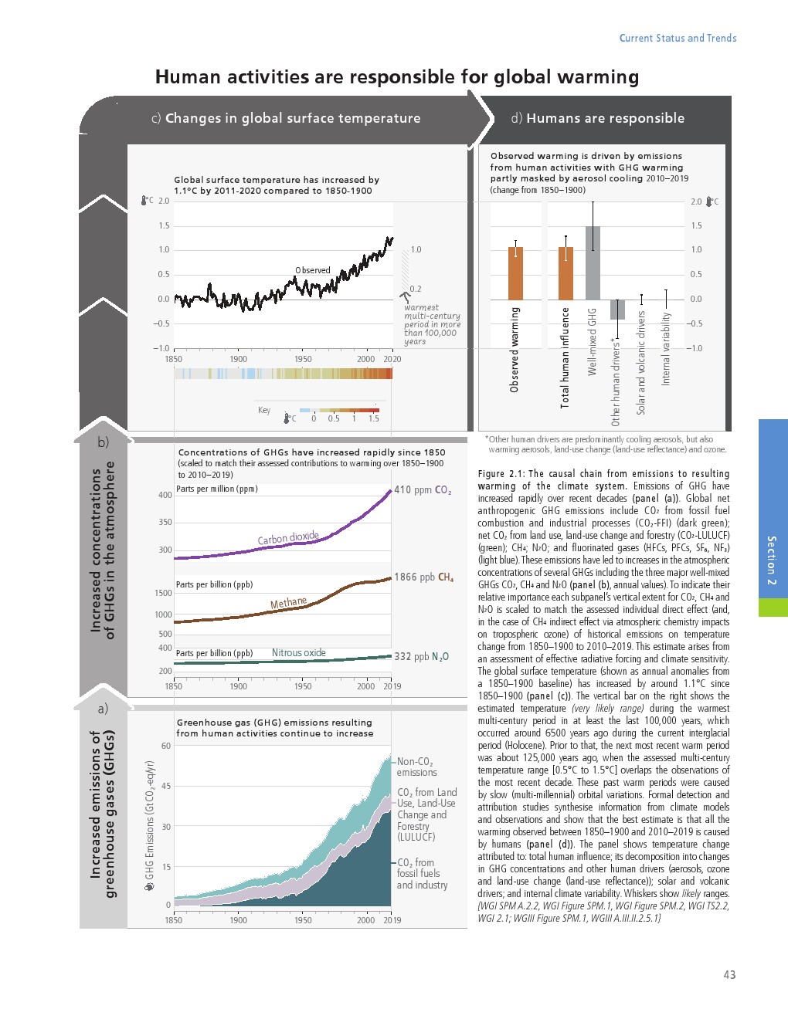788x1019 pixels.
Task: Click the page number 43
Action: (729, 975)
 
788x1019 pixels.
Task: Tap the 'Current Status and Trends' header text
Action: (678, 38)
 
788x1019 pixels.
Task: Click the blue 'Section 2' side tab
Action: (773, 517)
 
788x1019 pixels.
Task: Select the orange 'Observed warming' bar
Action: (515, 273)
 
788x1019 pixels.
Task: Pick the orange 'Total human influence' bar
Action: (566, 273)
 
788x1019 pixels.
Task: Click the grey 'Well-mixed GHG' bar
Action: (593, 262)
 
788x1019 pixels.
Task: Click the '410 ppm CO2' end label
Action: (423, 489)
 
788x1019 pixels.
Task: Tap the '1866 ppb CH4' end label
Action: (423, 577)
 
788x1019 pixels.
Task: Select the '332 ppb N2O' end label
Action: (421, 656)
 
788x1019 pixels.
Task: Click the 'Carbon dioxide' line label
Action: (288, 537)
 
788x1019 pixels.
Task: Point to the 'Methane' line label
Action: (288, 603)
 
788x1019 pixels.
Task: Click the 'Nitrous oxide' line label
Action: (299, 653)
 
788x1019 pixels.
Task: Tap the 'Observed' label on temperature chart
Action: (312, 270)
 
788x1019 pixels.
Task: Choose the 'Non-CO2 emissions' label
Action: (416, 767)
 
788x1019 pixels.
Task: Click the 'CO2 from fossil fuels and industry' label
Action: (421, 873)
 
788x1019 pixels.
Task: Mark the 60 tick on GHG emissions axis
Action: (166, 746)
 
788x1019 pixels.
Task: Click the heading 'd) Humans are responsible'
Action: (597, 118)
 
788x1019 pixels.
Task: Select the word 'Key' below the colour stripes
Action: (264, 410)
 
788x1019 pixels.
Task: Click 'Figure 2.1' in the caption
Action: (501, 474)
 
